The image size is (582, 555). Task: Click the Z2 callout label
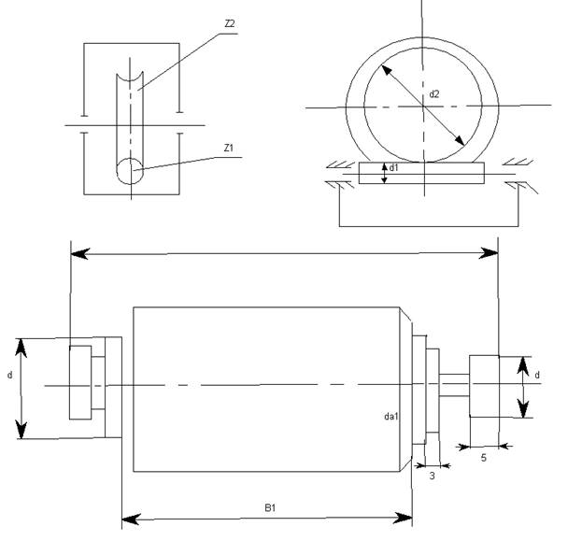point(230,23)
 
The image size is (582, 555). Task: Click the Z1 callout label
point(229,148)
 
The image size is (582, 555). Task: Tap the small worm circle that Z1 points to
point(130,171)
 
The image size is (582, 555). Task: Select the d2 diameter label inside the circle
point(433,94)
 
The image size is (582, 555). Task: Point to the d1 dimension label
point(393,168)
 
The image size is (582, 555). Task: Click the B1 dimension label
point(270,507)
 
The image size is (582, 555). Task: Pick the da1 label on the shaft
point(390,417)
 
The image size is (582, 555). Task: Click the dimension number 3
point(432,476)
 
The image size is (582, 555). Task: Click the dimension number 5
point(484,458)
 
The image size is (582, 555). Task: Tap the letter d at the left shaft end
point(10,375)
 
